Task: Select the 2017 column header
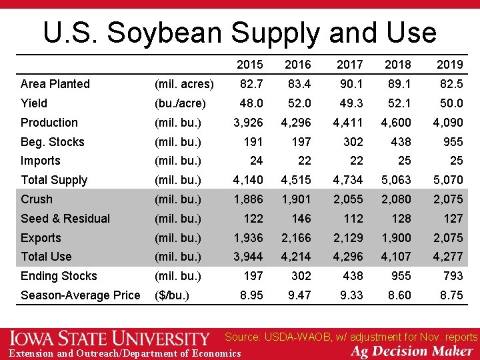(349, 65)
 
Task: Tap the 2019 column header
(449, 65)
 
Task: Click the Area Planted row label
(55, 84)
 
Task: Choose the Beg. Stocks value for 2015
(253, 142)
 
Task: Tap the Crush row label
(36, 199)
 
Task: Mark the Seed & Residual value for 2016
(300, 219)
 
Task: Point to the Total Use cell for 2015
(247, 257)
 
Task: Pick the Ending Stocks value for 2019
(452, 276)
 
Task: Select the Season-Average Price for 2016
(299, 295)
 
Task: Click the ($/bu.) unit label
(172, 295)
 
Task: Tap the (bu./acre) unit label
(180, 103)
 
